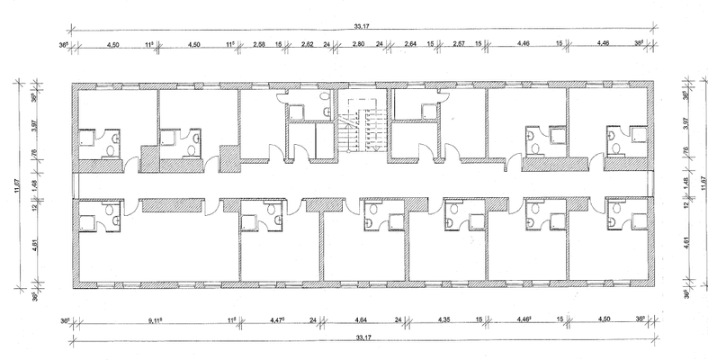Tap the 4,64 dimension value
(364, 319)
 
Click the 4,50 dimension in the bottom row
(605, 319)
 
